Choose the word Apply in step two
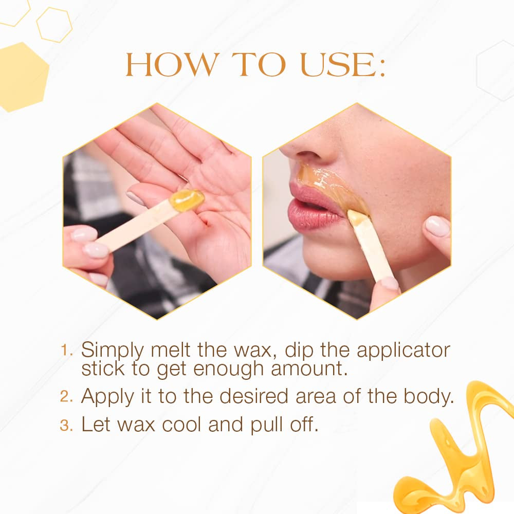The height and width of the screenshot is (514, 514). point(108,397)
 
